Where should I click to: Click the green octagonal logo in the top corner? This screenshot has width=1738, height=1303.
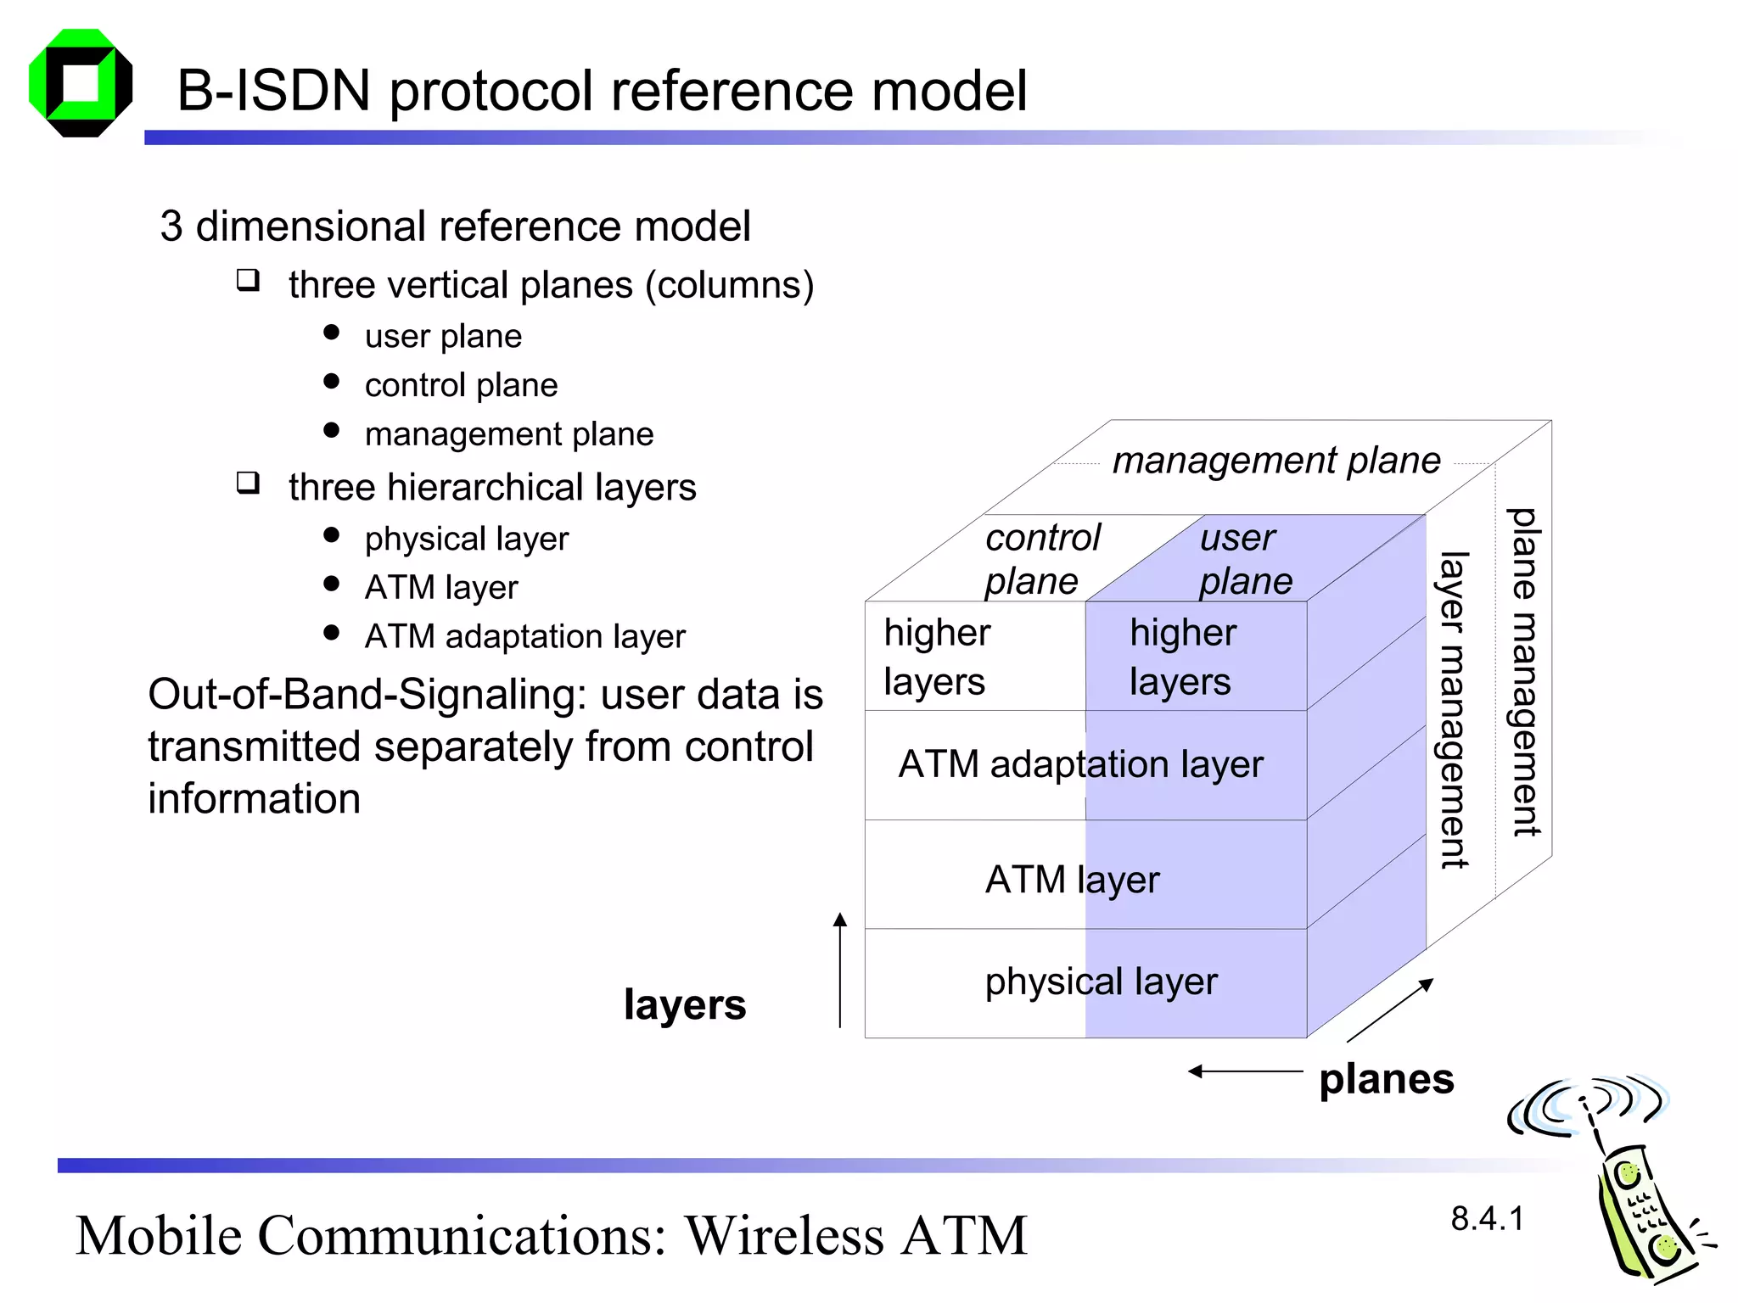[x=81, y=83]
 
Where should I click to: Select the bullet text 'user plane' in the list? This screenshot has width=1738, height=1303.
[x=443, y=337]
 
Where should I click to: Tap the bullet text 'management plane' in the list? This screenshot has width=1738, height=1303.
[x=509, y=434]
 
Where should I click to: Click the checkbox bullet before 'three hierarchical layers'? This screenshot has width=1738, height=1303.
[x=248, y=484]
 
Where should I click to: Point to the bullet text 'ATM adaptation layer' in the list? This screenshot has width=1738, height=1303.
[x=524, y=636]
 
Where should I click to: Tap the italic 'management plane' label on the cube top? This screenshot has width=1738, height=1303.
[x=1275, y=461]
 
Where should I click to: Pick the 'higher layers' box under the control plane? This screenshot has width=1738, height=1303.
[x=974, y=656]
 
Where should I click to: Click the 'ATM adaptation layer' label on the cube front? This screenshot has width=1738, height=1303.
[x=1080, y=764]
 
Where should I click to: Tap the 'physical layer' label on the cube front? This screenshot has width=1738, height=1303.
[x=1101, y=981]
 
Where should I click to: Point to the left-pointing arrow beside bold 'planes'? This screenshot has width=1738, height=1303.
[x=1244, y=1071]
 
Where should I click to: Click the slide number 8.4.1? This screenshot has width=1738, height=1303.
[x=1487, y=1219]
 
